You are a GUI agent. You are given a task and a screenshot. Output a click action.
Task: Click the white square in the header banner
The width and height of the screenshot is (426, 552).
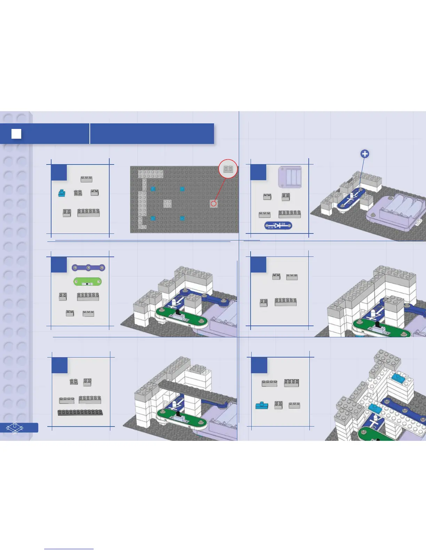(16, 134)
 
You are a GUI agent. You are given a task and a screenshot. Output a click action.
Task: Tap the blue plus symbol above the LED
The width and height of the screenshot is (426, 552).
(364, 154)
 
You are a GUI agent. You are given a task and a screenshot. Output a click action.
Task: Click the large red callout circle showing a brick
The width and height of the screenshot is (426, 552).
(228, 169)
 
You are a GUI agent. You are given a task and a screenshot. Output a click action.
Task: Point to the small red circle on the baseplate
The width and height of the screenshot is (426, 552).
(214, 204)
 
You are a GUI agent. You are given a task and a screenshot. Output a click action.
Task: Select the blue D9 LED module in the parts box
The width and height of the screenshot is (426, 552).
(278, 225)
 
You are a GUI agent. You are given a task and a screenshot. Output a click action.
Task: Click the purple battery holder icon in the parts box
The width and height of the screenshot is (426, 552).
(290, 177)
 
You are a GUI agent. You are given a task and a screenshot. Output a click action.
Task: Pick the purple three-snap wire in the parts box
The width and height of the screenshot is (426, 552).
(88, 268)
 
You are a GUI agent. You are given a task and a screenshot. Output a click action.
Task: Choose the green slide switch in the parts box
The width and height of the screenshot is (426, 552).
(87, 282)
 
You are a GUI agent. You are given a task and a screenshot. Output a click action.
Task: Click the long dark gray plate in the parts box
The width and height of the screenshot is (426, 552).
(80, 413)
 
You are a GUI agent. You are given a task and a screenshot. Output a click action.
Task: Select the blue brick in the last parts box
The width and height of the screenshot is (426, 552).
(262, 405)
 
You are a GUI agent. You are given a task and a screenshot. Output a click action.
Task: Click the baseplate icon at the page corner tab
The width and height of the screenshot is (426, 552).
(15, 428)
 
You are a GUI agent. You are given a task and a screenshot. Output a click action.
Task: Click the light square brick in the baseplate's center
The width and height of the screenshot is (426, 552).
(167, 204)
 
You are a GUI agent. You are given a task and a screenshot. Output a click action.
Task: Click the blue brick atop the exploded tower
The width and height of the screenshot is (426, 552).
(399, 377)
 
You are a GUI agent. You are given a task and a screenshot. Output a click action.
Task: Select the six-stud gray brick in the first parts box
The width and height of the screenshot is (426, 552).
(88, 213)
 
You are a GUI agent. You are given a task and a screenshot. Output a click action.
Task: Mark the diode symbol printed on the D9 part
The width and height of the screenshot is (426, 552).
(278, 225)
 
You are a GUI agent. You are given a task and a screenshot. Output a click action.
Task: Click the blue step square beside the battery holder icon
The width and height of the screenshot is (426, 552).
(258, 172)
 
